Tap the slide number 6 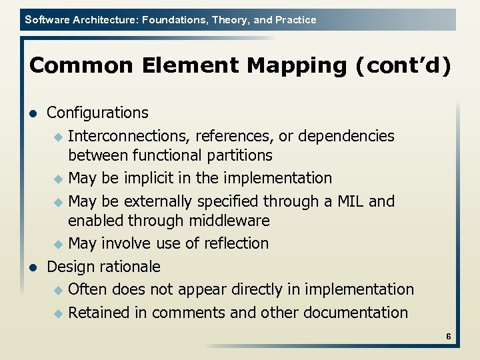click(449, 337)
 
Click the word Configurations click(97, 113)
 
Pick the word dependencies click(347, 136)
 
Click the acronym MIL click(350, 201)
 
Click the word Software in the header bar click(47, 20)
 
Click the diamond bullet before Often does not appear click(58, 290)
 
